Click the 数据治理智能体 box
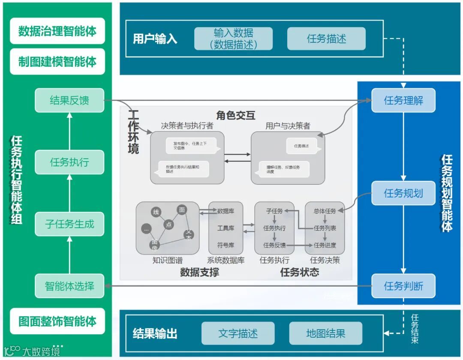click(57, 31)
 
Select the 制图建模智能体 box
click(57, 62)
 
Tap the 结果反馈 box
click(69, 101)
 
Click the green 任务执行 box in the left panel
click(69, 162)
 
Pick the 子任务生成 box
click(69, 224)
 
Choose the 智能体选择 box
click(69, 285)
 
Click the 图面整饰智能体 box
click(57, 321)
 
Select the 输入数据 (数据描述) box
click(234, 39)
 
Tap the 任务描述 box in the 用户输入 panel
click(326, 39)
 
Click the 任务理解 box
click(403, 101)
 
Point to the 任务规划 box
click(403, 193)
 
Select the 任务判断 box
click(403, 286)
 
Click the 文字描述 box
click(238, 334)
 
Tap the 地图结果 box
click(326, 334)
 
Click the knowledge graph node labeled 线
click(156, 212)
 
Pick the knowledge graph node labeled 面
click(182, 210)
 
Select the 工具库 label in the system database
click(225, 228)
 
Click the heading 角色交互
click(236, 115)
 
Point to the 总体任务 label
click(325, 211)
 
